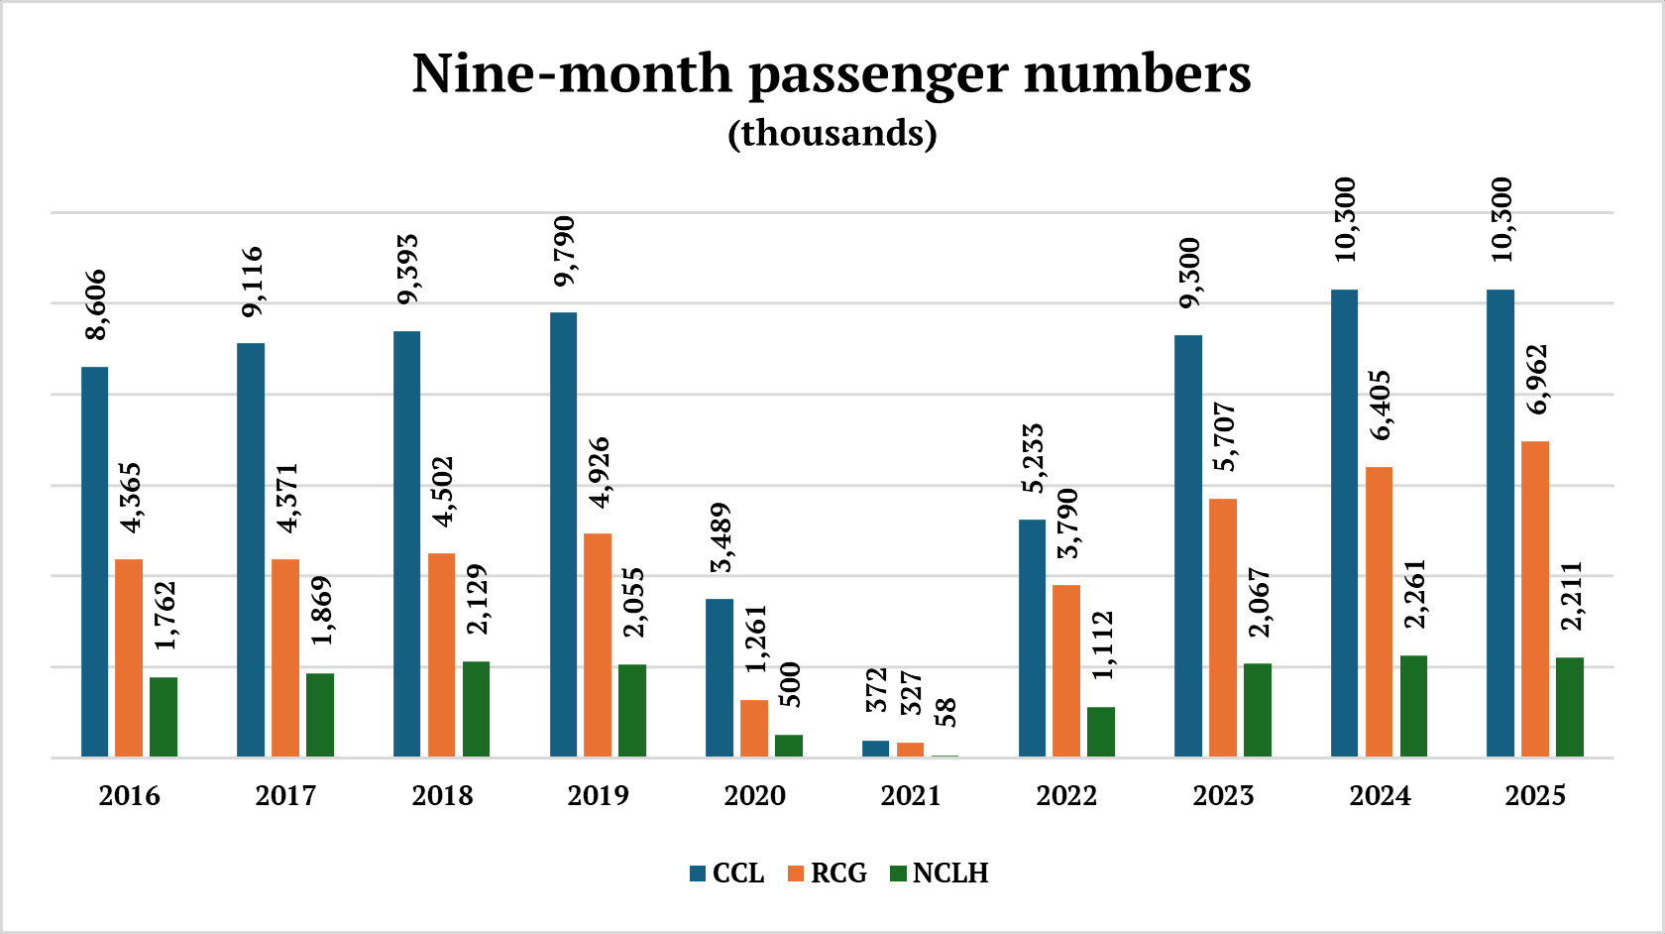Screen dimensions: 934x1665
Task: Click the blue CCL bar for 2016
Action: point(94,561)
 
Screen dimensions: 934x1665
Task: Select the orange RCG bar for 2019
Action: point(598,644)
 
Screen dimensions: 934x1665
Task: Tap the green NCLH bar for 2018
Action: point(476,709)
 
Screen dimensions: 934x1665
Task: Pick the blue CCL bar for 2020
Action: point(720,677)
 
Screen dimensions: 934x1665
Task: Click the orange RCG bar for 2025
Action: point(1535,599)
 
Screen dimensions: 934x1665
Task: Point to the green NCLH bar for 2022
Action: point(1101,732)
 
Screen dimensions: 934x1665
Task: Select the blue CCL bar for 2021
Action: point(875,749)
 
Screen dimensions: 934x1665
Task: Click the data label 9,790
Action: point(564,252)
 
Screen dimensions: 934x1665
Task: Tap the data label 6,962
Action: point(1536,380)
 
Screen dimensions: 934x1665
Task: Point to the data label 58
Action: point(945,712)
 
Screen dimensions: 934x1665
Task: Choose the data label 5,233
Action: point(1033,458)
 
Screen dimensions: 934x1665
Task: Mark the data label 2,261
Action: point(1414,594)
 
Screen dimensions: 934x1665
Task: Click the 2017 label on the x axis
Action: point(285,795)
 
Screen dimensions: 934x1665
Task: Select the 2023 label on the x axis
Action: point(1223,795)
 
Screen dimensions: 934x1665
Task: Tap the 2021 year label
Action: point(911,795)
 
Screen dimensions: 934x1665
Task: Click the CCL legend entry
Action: point(726,874)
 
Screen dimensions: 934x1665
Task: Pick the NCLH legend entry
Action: point(939,874)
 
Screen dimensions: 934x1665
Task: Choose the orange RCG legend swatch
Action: point(796,874)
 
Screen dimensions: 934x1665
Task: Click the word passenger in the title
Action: point(878,74)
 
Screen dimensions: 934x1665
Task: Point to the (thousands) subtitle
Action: point(832,133)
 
